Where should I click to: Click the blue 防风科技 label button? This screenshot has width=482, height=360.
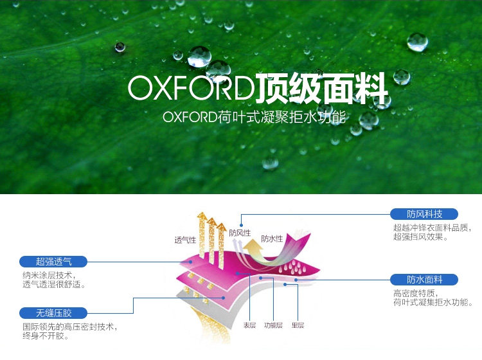(x=424, y=214)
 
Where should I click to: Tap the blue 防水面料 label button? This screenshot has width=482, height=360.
(x=424, y=280)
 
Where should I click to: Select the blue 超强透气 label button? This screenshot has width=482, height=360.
(x=53, y=261)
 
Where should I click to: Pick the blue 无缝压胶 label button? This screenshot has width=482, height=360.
(x=53, y=313)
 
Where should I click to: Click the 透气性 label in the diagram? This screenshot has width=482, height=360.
(x=185, y=240)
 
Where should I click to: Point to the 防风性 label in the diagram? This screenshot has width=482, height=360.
(x=240, y=233)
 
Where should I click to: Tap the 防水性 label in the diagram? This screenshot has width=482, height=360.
(x=272, y=239)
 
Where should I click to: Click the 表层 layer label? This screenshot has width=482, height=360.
(x=249, y=325)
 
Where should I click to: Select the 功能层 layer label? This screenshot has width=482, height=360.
(x=274, y=325)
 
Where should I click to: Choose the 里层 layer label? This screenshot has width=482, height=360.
(x=298, y=325)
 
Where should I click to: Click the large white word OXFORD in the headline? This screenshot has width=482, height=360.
(x=191, y=89)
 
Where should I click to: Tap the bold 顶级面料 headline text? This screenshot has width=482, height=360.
(x=321, y=89)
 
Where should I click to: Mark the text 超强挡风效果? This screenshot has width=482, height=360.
(x=420, y=237)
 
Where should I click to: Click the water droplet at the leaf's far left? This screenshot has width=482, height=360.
(x=120, y=47)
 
